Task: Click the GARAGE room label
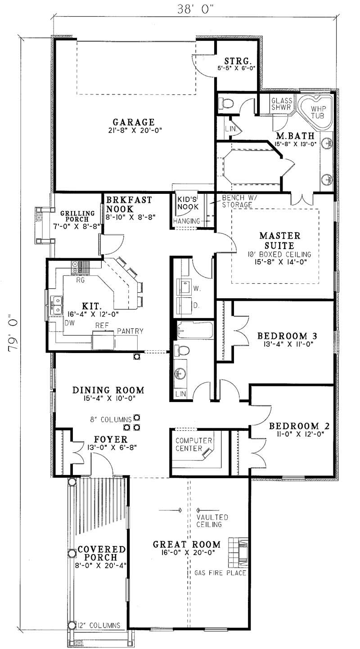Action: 134,122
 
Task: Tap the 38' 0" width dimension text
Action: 195,9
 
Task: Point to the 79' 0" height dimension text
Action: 13,333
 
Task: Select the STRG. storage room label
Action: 238,61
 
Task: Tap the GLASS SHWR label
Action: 281,104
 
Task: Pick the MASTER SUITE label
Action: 280,241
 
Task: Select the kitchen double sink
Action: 56,305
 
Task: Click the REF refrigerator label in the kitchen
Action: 102,325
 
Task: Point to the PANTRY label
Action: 130,331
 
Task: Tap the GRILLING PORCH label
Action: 77,216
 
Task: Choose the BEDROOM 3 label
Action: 287,336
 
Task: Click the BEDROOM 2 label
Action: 299,426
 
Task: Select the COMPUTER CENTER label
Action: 193,444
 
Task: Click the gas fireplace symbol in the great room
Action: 238,552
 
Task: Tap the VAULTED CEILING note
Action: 212,521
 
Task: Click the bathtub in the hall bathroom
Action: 195,330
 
